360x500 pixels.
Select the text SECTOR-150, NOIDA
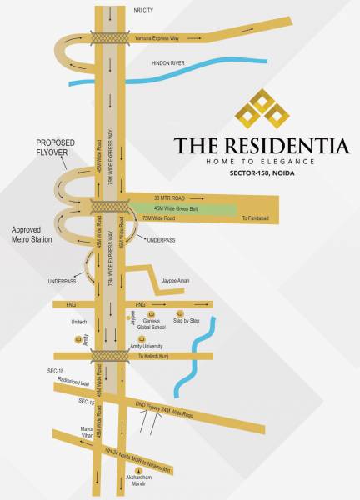coord(262,176)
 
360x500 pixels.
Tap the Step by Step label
coord(186,321)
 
